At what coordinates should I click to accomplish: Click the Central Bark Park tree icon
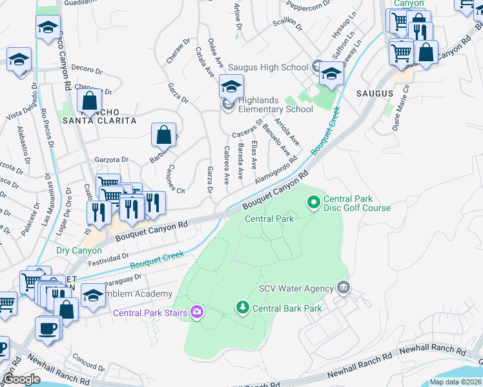point(243,308)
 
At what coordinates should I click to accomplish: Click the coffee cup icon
point(48,327)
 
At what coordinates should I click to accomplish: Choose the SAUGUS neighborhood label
point(375,94)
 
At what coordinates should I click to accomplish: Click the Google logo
point(22,379)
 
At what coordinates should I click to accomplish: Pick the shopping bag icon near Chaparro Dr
point(89,101)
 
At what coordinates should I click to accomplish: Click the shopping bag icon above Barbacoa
point(164,135)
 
